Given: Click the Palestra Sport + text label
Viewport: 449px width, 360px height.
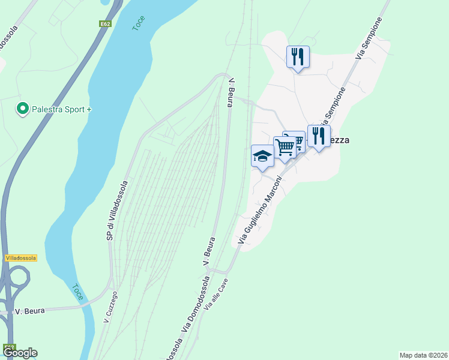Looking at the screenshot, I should click(x=62, y=110).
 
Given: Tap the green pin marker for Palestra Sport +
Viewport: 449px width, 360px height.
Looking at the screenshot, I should click(x=23, y=109).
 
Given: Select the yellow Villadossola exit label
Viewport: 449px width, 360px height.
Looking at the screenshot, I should click(x=20, y=258).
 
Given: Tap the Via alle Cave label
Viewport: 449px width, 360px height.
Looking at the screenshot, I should click(x=217, y=296).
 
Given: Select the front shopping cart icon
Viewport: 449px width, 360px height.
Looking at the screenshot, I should click(x=285, y=147).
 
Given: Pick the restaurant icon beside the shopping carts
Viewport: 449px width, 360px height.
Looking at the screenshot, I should click(x=319, y=136).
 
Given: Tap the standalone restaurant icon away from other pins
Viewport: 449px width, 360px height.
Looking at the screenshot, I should click(x=298, y=57).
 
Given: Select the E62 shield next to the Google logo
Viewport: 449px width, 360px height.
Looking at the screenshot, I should click(x=10, y=347).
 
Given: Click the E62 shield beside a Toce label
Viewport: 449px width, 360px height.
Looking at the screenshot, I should click(x=105, y=24).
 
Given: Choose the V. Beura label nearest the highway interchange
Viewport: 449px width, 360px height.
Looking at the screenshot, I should click(x=27, y=311).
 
